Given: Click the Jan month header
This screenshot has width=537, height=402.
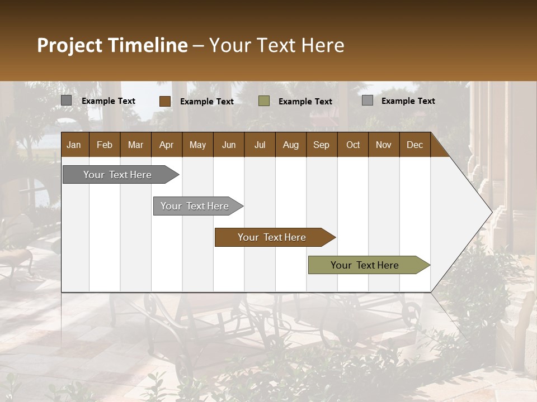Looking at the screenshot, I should click(x=74, y=145).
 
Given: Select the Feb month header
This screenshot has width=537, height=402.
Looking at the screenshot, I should click(x=105, y=145).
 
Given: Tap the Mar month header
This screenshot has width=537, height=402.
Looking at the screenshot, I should click(x=135, y=145).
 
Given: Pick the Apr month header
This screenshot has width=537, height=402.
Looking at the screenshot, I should click(x=166, y=145).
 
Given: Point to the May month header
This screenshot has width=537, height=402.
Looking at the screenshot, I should click(x=197, y=145).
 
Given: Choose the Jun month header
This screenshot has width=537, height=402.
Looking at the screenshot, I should click(x=229, y=145).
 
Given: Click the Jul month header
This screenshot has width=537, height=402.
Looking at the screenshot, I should click(x=260, y=145).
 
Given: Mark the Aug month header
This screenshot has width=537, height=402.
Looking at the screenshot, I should click(x=290, y=145).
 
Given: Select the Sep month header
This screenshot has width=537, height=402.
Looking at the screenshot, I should click(x=321, y=145).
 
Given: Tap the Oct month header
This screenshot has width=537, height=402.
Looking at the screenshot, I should click(x=353, y=145).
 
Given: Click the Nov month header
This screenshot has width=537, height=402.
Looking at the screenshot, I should click(x=384, y=145).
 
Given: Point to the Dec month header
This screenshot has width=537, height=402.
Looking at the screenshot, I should click(x=414, y=145).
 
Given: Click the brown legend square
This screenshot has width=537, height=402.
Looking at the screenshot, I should click(x=165, y=101).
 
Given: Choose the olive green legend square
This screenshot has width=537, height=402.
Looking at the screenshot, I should click(x=264, y=101).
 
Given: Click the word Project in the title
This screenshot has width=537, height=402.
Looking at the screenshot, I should click(x=70, y=45).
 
